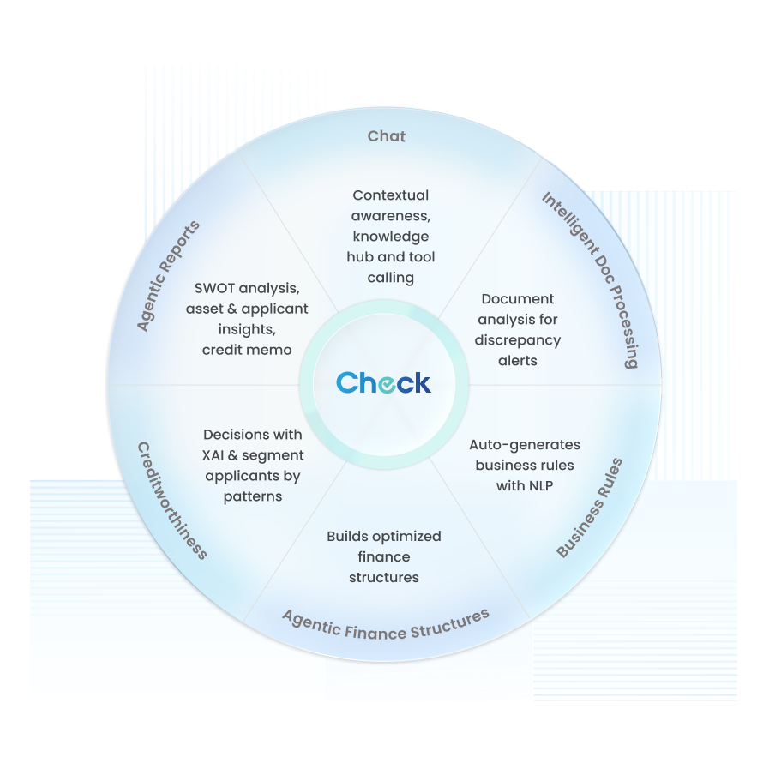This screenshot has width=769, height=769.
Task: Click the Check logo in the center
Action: [383, 382]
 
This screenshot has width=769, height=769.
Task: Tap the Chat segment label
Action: [387, 136]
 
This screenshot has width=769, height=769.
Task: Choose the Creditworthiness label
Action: [172, 500]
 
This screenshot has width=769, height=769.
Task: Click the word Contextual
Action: [390, 195]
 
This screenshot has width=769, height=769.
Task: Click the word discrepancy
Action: [518, 340]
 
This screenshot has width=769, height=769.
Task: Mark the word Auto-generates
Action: [525, 445]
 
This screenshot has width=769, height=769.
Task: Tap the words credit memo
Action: [247, 350]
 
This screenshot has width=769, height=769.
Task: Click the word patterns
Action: [253, 496]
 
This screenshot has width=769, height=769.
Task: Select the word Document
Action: [518, 299]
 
